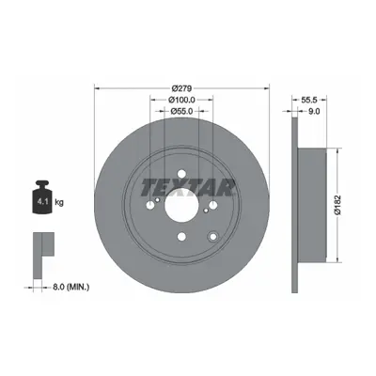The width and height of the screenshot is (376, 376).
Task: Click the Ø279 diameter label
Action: tap(182, 88)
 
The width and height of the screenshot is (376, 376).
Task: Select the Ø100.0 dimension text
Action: tap(182, 100)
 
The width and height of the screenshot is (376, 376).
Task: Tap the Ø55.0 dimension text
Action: tap(181, 111)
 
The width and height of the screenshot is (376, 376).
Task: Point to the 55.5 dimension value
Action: tap(309, 100)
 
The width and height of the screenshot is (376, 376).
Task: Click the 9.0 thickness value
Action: tap(314, 111)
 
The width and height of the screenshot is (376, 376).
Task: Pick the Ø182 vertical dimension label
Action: tap(337, 205)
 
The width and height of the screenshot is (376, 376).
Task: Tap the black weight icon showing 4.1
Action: tap(41, 197)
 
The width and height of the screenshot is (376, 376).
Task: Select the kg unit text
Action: tap(59, 202)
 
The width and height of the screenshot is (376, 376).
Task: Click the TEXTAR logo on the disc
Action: tap(188, 188)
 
